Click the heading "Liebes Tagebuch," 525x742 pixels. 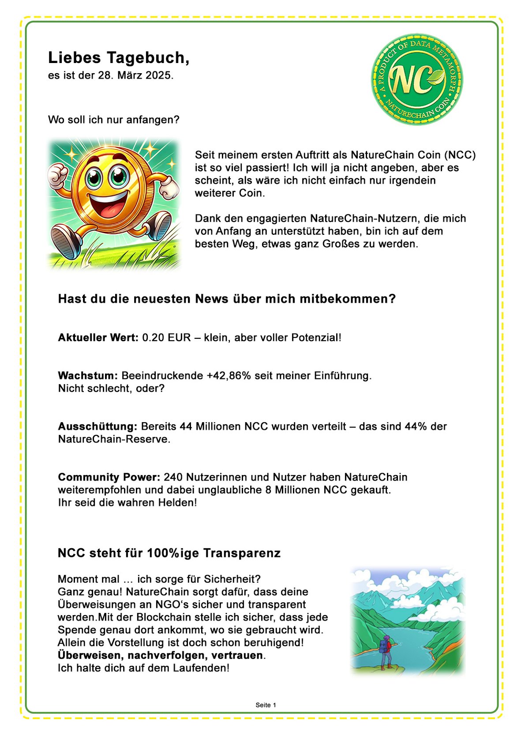[x=118, y=58]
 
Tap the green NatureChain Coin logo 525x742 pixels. [x=417, y=79]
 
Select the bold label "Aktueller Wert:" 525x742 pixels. [x=98, y=338]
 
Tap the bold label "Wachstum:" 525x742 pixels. [x=88, y=376]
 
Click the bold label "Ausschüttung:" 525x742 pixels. [x=98, y=427]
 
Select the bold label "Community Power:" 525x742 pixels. [x=109, y=477]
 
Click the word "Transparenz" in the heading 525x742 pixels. [x=242, y=553]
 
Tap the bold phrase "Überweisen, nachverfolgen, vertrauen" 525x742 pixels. [x=161, y=655]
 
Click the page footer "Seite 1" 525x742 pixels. [x=266, y=705]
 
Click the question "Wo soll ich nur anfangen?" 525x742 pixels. [x=114, y=120]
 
